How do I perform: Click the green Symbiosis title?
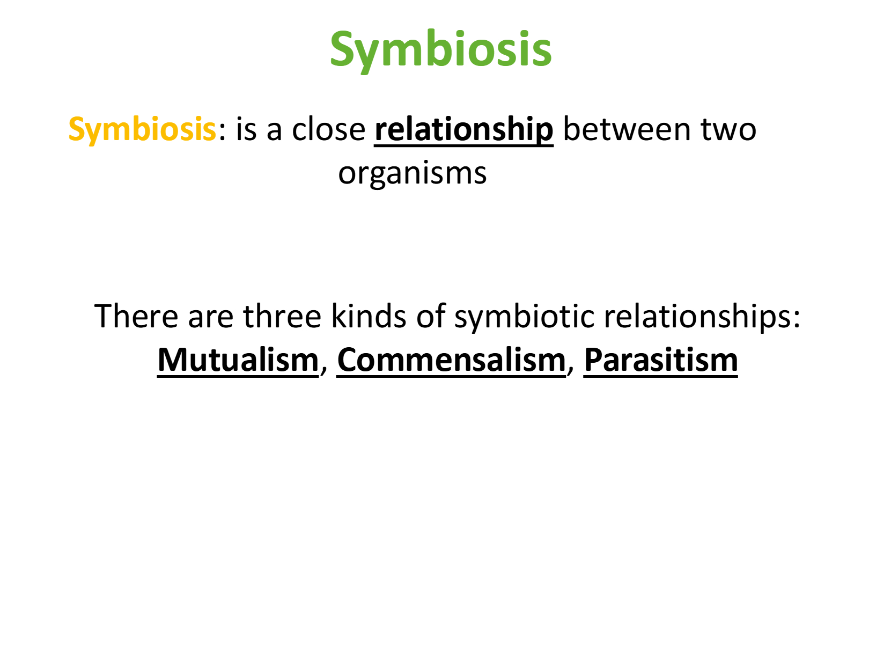440,50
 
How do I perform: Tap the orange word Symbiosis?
142,130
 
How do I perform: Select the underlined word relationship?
463,130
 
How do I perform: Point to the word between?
627,129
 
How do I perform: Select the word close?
329,129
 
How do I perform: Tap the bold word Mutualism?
238,360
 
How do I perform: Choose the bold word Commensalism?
451,360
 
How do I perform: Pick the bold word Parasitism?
661,360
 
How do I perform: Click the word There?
136,316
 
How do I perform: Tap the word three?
282,316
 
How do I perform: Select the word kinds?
369,316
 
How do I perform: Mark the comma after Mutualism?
324,368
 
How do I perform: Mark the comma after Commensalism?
571,368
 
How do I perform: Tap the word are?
211,319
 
